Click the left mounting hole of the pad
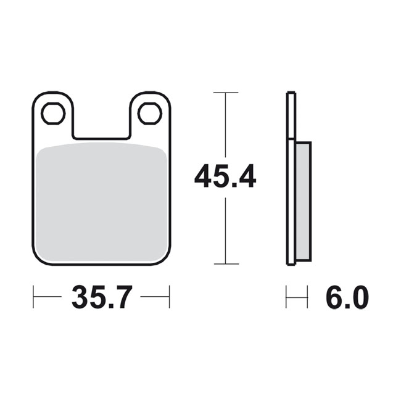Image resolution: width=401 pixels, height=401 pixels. [x=54, y=114]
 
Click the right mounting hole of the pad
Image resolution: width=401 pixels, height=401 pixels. [x=150, y=114]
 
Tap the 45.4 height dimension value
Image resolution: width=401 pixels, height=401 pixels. [x=225, y=176]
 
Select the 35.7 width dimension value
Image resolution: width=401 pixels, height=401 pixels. [x=102, y=297]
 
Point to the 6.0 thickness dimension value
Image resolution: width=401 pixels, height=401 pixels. [x=347, y=297]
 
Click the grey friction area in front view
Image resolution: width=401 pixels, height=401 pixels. [x=102, y=204]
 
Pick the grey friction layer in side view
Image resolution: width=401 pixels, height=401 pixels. [x=303, y=201]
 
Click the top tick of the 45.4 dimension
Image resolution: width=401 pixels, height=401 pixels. [x=226, y=93]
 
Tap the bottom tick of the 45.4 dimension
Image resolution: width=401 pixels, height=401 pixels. [x=226, y=263]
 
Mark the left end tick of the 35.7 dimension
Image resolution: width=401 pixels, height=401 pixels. [x=33, y=297]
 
